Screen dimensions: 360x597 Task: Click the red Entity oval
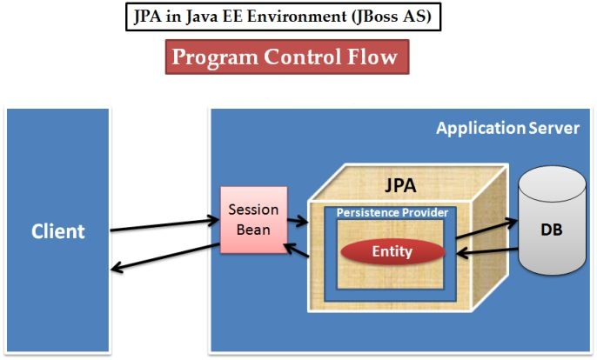[x=392, y=251]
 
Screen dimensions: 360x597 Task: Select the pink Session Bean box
[x=252, y=219]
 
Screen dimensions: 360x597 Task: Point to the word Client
[x=58, y=231]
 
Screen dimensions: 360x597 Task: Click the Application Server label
[x=507, y=129]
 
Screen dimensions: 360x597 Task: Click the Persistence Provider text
[x=392, y=212]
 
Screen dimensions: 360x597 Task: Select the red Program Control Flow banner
[x=286, y=57]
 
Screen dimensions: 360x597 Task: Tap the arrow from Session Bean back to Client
[x=165, y=258]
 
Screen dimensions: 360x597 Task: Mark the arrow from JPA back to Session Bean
[x=296, y=250]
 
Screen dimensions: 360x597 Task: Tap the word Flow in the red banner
[x=369, y=57]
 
